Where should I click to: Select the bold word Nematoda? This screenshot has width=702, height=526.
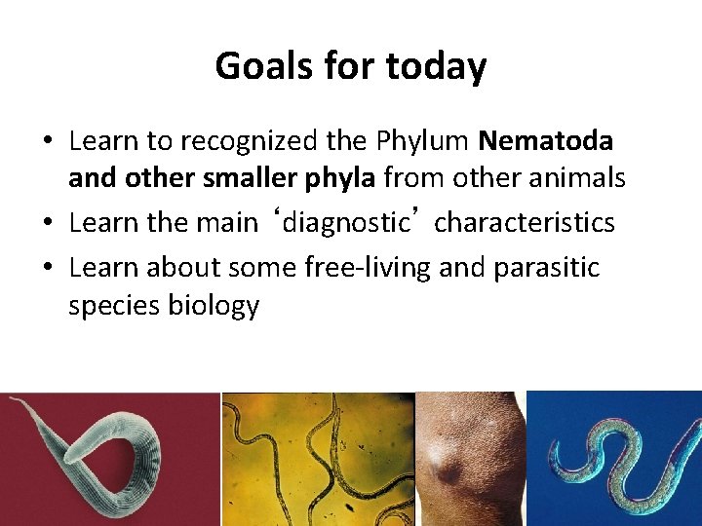(546, 141)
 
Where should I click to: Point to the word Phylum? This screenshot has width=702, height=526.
(425, 141)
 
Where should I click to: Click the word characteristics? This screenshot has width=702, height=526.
(525, 223)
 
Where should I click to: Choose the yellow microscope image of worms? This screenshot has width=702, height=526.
(317, 458)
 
